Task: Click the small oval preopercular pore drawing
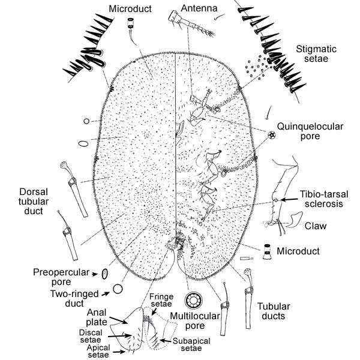[x=104, y=274]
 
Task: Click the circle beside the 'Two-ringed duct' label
[x=118, y=289]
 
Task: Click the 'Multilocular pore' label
[x=195, y=320]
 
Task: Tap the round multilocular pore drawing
[x=194, y=301]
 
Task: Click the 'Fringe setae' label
[x=161, y=299]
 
